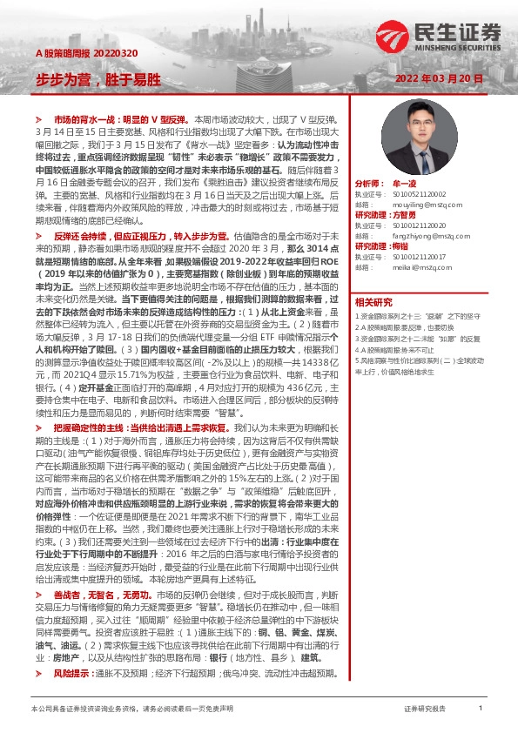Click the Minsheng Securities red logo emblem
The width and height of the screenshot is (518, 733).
(389, 35)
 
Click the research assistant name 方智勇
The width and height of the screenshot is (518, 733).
(404, 213)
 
